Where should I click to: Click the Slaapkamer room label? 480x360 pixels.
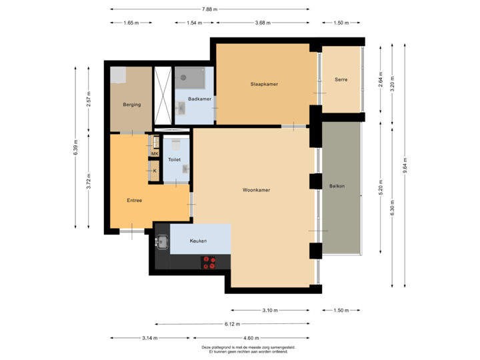pos(264,84)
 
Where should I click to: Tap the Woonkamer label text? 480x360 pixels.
pos(256,190)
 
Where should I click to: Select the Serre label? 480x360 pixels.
pos(341,80)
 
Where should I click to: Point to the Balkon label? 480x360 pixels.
pos(337,185)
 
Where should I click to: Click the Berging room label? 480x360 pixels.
pos(131,105)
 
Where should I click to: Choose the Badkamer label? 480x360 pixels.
pos(199,99)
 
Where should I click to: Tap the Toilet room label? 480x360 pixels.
pos(175,160)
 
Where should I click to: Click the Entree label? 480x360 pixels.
pos(134,200)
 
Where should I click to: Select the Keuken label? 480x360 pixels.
pos(198,241)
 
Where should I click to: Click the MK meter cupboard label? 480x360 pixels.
pos(155,154)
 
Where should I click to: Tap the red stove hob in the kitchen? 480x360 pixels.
pos(209,262)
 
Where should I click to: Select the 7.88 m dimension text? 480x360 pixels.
pos(209,9)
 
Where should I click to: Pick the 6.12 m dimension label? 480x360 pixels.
pos(232,325)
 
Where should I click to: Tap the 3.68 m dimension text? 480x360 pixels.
pos(263,23)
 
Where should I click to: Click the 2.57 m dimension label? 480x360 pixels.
pos(89,99)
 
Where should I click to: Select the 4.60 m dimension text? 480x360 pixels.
pos(252,338)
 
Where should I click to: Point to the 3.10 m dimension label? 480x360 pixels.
pos(270,311)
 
